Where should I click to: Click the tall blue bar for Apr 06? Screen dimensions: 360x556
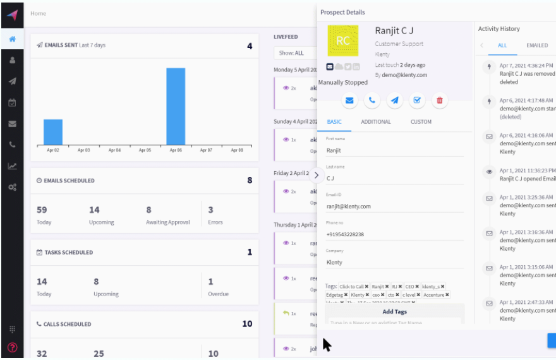[176, 105]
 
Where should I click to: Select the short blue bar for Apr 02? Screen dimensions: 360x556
[53, 131]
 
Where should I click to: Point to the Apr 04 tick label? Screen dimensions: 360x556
[114, 150]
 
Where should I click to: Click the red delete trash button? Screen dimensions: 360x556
[439, 100]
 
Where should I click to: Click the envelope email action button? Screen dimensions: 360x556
[349, 100]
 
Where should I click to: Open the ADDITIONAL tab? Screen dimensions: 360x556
[375, 122]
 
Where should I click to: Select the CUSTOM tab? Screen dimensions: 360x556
[421, 122]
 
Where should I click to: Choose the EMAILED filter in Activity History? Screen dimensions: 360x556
[537, 45]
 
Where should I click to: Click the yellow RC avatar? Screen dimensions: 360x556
[343, 41]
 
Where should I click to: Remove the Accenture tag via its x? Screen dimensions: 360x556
[447, 295]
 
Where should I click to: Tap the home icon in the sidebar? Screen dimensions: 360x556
[12, 39]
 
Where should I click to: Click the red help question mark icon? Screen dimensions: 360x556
[12, 347]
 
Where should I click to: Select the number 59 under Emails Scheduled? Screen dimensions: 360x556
[42, 210]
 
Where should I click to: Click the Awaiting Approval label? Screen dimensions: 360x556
[167, 222]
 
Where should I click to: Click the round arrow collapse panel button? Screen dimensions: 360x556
[316, 175]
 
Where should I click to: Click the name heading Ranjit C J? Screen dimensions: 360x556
[394, 31]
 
